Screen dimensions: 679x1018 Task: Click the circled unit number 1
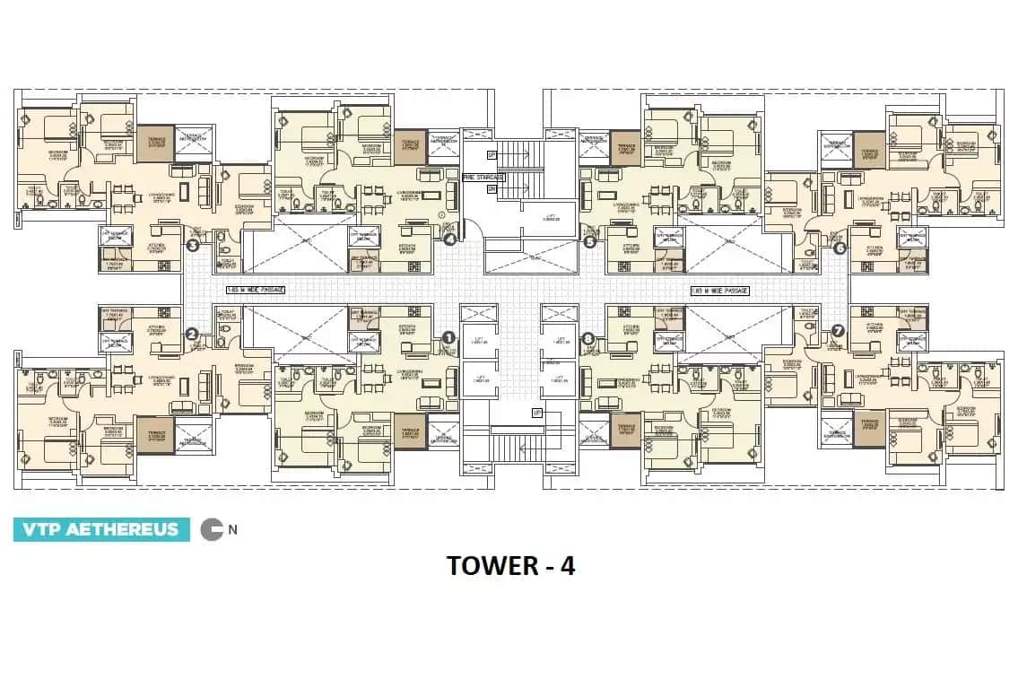tap(448, 337)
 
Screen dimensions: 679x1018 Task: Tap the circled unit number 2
tap(191, 334)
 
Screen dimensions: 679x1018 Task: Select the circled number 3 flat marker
tap(191, 244)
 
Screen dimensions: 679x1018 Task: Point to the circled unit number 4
tap(450, 239)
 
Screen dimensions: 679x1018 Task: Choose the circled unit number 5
tap(589, 240)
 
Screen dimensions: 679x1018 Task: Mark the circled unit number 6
tap(840, 248)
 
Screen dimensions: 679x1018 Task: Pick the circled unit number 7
tap(838, 330)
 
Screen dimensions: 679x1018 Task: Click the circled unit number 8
tap(587, 338)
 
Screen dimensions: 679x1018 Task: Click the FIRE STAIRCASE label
tap(483, 178)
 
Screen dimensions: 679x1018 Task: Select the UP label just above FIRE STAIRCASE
tap(491, 154)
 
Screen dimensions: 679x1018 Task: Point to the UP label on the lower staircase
tap(536, 412)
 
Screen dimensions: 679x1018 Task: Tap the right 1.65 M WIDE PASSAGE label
tap(719, 291)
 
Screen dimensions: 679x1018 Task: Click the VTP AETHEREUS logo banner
tap(101, 529)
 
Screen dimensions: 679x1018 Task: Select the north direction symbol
tap(212, 529)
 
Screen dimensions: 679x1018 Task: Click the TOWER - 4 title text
tap(509, 566)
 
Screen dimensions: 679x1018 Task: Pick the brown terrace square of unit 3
tap(154, 144)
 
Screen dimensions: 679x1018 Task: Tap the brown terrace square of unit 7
tap(868, 429)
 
